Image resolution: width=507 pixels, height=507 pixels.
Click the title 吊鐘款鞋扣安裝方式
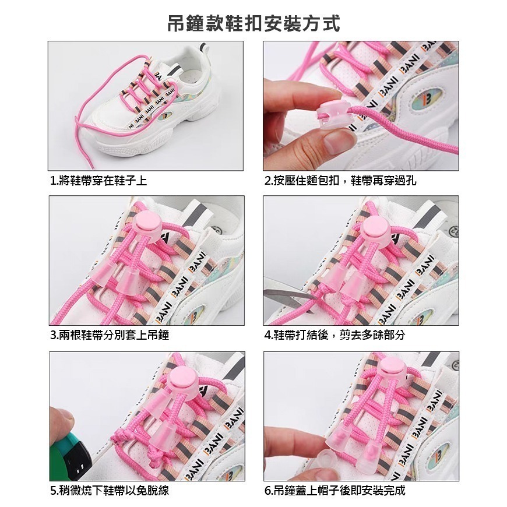coord(254,23)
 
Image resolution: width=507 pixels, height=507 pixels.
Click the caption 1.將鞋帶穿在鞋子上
coord(98,181)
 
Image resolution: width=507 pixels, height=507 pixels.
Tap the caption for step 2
coord(340,181)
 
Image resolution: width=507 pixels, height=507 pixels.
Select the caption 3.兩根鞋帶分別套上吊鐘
coord(110,335)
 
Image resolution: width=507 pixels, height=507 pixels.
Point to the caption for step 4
coord(335,335)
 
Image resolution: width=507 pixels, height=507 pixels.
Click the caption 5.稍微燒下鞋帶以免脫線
coord(110,491)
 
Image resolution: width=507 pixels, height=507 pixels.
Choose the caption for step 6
coord(335,491)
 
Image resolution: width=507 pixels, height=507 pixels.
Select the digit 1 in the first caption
coord(53,181)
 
